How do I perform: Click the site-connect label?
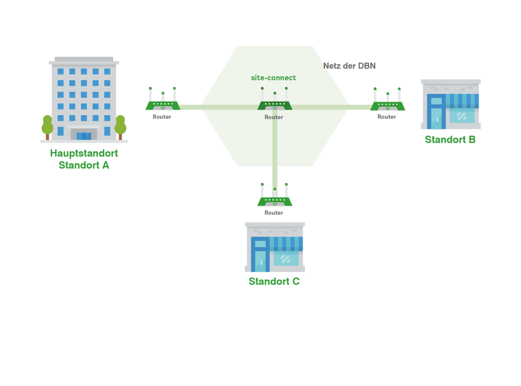click(x=273, y=78)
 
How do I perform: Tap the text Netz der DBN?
click(x=349, y=66)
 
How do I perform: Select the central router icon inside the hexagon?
click(x=275, y=101)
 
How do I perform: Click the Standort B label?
click(x=450, y=140)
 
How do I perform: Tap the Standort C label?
click(x=274, y=281)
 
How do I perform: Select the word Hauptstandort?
click(x=84, y=153)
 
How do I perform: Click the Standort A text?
click(x=84, y=165)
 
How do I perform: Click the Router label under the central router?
click(x=274, y=117)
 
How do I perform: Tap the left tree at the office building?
click(x=47, y=126)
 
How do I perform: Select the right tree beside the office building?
click(x=120, y=126)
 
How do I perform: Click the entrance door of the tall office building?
click(x=84, y=136)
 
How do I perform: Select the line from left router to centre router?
click(x=219, y=107)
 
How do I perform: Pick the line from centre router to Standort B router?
click(x=332, y=107)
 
